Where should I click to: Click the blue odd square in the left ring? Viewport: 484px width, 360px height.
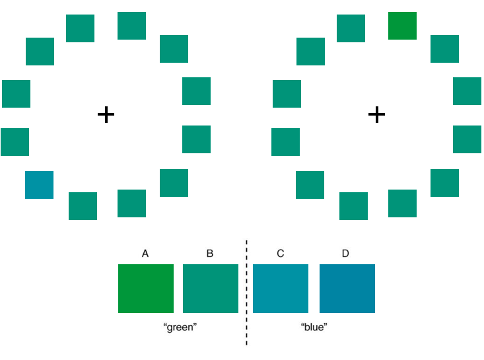pos(39,185)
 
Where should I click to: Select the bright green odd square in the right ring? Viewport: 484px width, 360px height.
pos(402,26)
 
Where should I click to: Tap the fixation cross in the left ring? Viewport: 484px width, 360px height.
pos(106,114)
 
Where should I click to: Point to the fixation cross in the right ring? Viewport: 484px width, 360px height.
pos(376,114)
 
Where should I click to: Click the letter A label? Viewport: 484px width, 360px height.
pos(145,254)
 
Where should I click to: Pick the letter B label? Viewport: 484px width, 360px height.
pos(210,254)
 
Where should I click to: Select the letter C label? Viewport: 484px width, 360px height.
pos(280,254)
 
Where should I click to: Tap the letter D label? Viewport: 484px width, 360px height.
pos(345,254)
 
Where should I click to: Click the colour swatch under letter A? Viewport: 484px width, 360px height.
pos(146,289)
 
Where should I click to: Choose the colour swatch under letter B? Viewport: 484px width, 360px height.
pos(211,289)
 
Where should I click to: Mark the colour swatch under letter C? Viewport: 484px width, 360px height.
pos(281,289)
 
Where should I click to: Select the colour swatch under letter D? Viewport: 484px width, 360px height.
pos(347,289)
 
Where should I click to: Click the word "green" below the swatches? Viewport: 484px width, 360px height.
pos(180,327)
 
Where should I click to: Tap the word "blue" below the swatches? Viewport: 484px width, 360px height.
pos(314,327)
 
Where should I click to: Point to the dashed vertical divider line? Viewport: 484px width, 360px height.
pos(246,293)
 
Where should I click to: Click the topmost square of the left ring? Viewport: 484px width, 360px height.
pos(131,26)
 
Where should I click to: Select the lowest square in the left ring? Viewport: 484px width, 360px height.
pos(83,206)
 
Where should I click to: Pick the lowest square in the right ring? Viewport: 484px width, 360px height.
pos(353,206)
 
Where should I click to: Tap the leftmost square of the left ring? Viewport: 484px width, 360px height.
pos(15,142)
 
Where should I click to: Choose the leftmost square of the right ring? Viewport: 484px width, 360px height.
pos(285,142)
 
